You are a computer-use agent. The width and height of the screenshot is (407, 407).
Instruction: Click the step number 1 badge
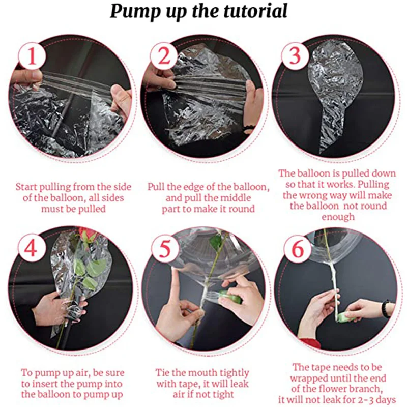(x=32, y=56)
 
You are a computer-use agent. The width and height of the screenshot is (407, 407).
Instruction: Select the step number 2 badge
(x=164, y=56)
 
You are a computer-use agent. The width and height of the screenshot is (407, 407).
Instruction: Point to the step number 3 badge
(x=295, y=56)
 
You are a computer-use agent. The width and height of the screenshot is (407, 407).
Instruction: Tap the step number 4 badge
(x=31, y=248)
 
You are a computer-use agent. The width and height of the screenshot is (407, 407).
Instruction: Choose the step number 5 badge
(x=164, y=248)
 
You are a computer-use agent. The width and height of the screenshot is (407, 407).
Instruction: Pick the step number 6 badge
(x=298, y=249)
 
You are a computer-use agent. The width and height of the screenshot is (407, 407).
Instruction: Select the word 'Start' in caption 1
(x=26, y=187)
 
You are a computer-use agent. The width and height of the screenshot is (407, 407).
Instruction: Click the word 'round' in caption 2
(x=240, y=209)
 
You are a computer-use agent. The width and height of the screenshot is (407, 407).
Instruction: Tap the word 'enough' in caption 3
(x=338, y=217)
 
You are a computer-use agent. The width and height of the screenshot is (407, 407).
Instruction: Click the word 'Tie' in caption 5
(x=162, y=373)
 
